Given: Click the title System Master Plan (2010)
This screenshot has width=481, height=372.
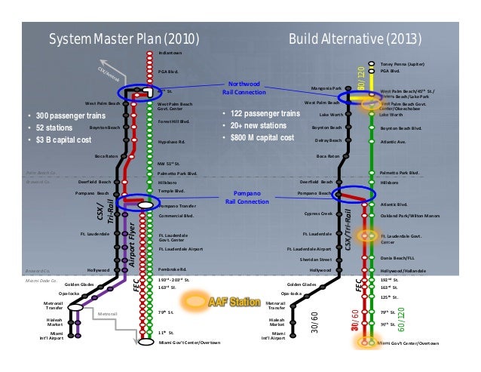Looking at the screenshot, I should [125, 39].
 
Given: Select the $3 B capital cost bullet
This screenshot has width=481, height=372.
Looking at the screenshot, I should [63, 140].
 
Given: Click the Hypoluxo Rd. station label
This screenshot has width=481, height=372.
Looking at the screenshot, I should [173, 141].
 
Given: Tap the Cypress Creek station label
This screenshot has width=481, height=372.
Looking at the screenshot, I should [319, 213].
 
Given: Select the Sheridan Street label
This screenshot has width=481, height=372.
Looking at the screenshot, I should [315, 259].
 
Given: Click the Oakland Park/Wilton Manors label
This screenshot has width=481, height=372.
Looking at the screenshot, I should [410, 214].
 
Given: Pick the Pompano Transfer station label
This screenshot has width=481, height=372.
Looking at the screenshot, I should [177, 205].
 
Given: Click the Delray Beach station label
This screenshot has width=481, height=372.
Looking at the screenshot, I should [327, 140].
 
